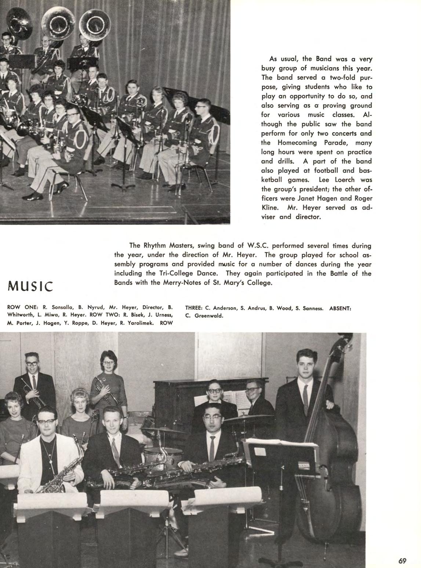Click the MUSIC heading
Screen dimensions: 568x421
(30, 286)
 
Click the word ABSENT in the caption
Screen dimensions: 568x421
(341, 308)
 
